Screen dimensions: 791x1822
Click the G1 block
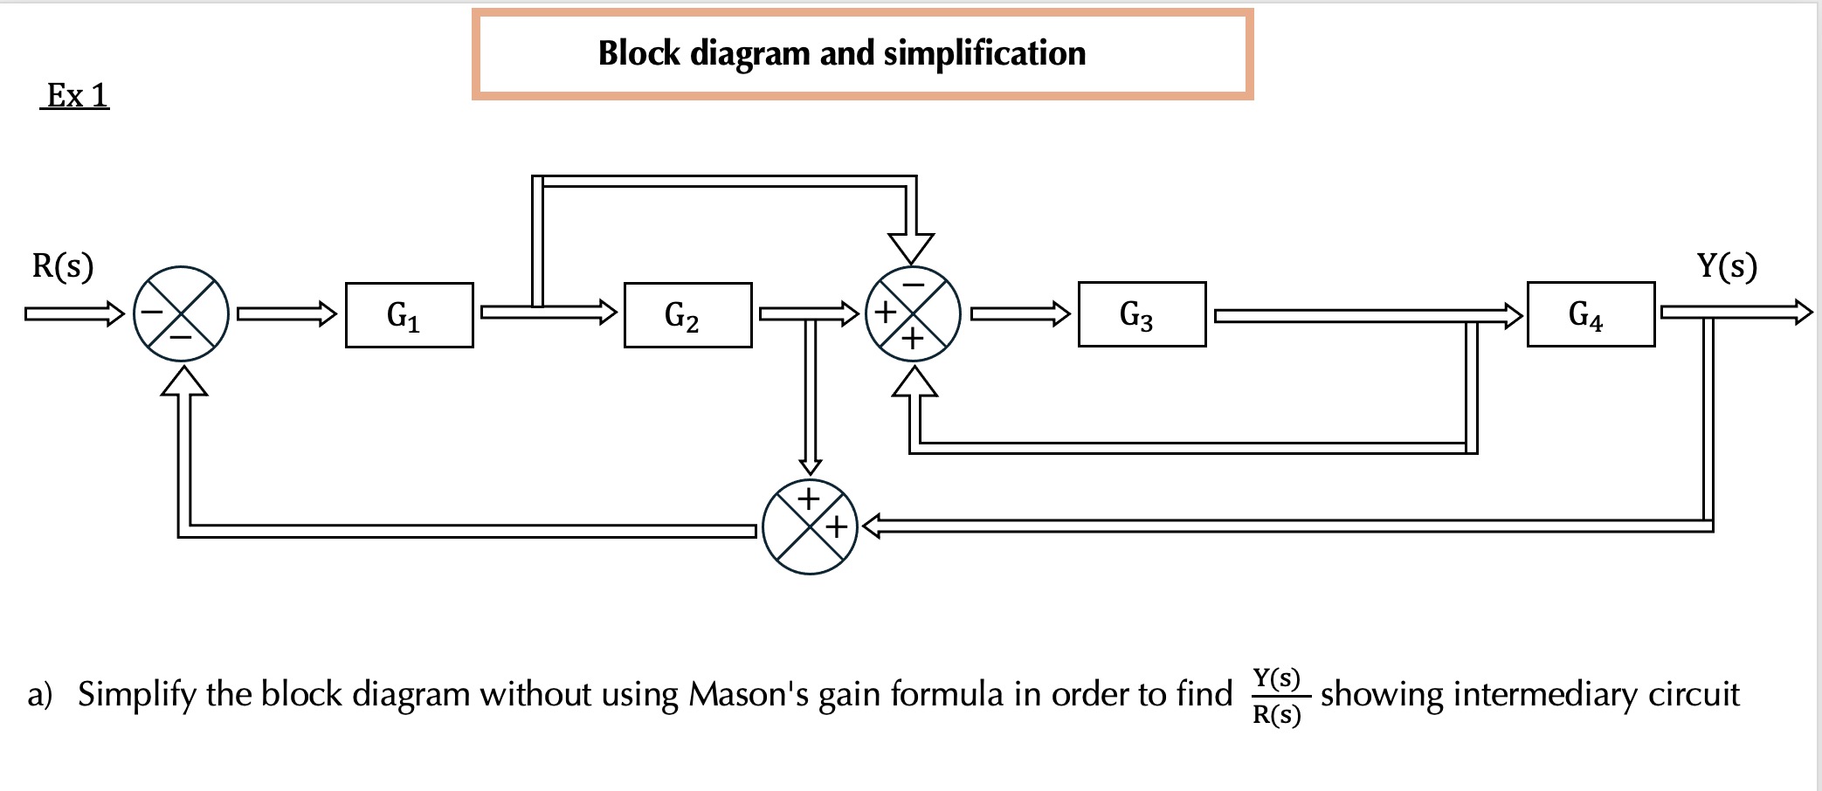click(x=409, y=315)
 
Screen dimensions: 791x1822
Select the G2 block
click(x=687, y=315)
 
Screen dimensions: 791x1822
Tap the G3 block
click(x=1142, y=314)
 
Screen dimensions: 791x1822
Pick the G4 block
click(x=1591, y=314)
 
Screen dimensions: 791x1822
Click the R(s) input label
click(x=63, y=265)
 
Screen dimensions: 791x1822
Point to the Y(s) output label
click(x=1727, y=265)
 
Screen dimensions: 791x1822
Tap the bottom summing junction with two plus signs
click(x=810, y=526)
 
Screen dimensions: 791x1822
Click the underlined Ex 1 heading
click(x=76, y=95)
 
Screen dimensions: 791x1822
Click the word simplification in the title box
click(x=984, y=53)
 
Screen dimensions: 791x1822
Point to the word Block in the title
click(x=638, y=53)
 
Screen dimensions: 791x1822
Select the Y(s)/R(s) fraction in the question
click(x=1277, y=696)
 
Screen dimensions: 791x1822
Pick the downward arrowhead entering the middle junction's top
click(x=911, y=248)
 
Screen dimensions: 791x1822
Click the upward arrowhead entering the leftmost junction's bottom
click(x=184, y=382)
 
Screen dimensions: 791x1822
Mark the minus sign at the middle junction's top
click(x=913, y=285)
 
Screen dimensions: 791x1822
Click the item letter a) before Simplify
click(x=40, y=695)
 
